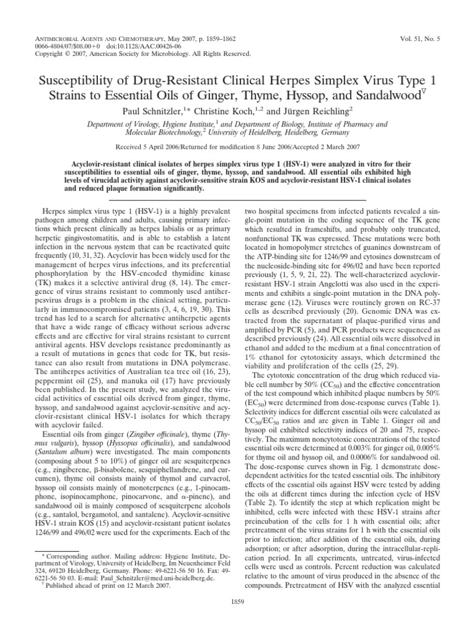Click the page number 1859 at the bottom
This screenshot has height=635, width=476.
coord(238,601)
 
